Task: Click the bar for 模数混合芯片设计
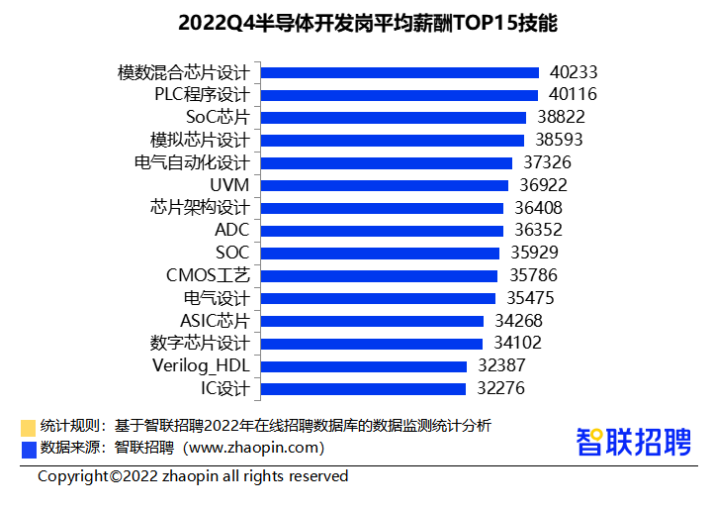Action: (400, 72)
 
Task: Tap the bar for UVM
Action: (385, 185)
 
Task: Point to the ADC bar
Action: (382, 231)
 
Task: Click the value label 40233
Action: (574, 72)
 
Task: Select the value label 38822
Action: (561, 117)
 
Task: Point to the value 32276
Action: (500, 388)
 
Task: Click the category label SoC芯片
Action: (218, 117)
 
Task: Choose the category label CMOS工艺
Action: (208, 275)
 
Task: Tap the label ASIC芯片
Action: (215, 321)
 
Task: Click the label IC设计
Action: (225, 388)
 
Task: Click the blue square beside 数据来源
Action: (28, 449)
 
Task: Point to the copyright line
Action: (193, 476)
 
